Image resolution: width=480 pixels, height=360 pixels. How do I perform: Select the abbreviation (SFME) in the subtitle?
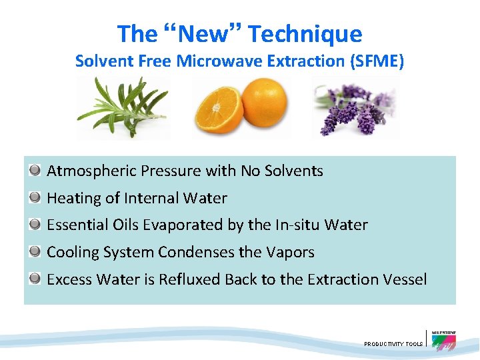tap(380, 61)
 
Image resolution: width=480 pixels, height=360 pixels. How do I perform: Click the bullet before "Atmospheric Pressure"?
tap(35, 171)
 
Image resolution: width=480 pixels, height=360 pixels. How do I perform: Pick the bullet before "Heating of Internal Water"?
tap(35, 198)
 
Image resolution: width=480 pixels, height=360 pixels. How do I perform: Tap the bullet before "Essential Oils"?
tap(35, 225)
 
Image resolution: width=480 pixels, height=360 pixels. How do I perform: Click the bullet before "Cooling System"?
tap(35, 252)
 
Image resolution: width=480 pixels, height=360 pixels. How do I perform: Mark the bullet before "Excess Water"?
tap(35, 279)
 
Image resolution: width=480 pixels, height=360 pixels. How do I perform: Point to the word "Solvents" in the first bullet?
tap(293, 171)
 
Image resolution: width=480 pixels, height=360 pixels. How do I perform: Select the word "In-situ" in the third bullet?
tap(297, 225)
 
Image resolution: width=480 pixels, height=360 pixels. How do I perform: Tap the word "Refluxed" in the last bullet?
tap(189, 279)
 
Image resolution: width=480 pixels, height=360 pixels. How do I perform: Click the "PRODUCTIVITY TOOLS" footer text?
tap(393, 344)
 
